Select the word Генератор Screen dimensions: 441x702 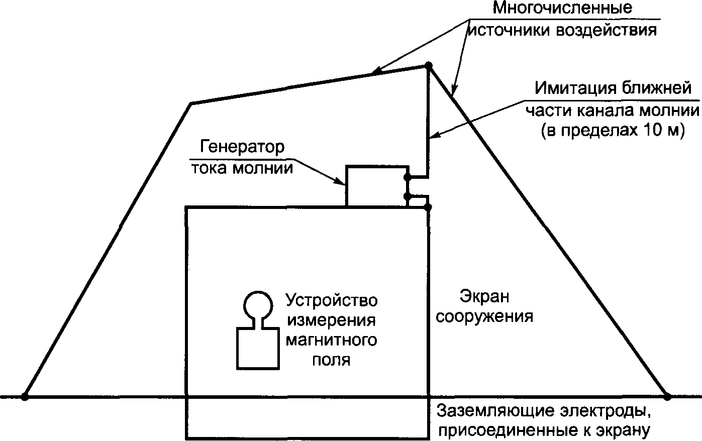[243, 147]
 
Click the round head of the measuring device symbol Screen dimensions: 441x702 [258, 305]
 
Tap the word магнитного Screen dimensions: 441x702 [331, 341]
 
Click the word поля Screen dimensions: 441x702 [331, 360]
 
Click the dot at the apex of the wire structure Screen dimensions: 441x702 [429, 65]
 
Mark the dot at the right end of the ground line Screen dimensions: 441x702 [667, 396]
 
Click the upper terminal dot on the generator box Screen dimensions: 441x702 [408, 177]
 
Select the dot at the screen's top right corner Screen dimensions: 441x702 [428, 206]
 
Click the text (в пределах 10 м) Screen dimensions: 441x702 [613, 130]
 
